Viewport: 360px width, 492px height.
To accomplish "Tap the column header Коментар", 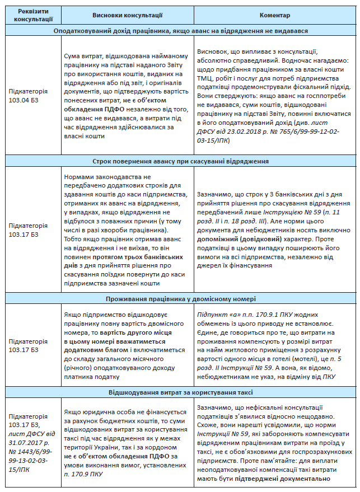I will pos(274,16).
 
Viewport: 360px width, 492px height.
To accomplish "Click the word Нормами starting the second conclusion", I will pos(79,176).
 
